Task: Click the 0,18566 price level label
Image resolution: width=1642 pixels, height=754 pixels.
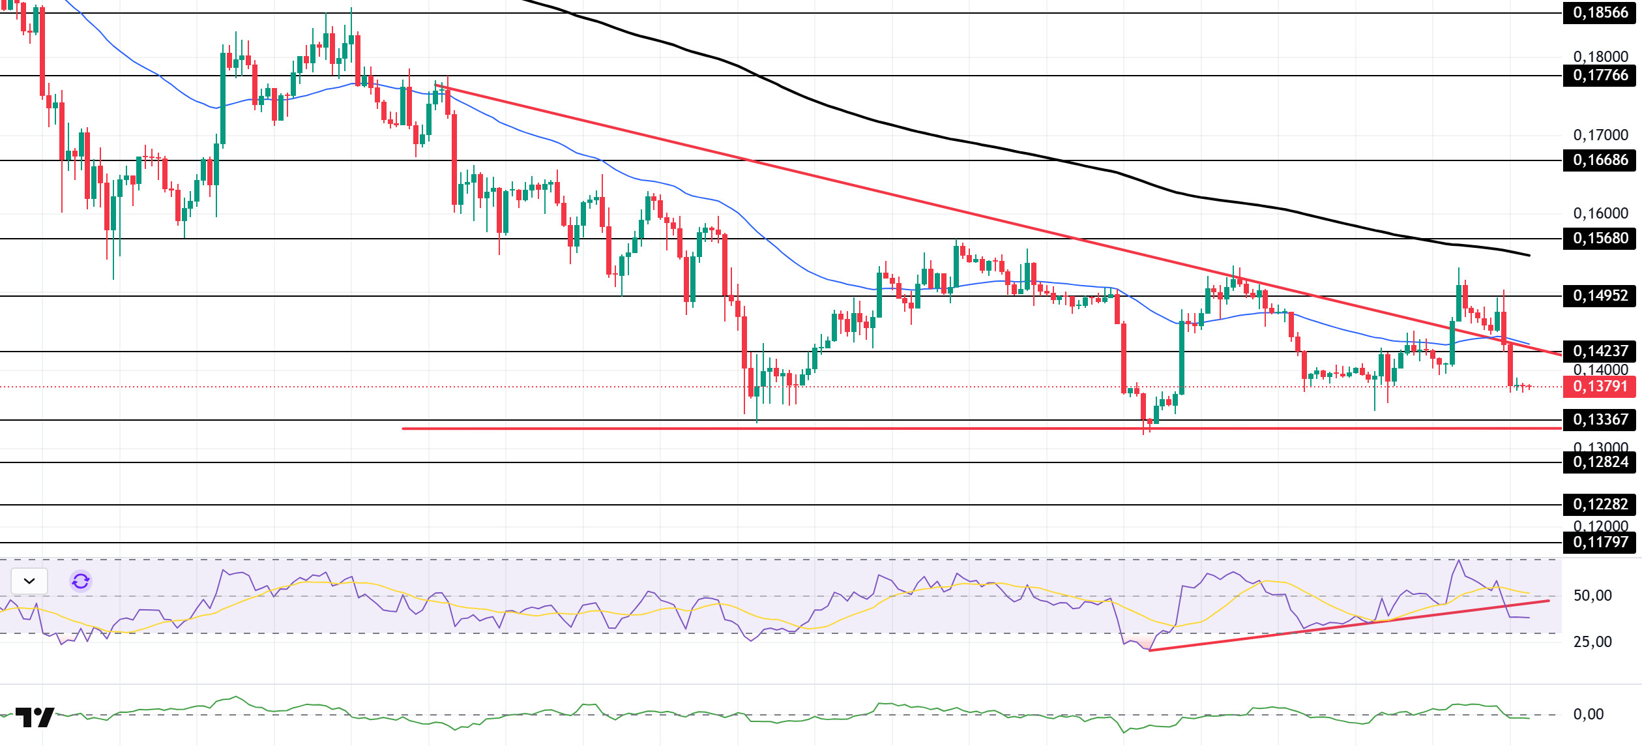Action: click(1600, 13)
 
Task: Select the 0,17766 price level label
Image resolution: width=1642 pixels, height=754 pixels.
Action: click(1600, 76)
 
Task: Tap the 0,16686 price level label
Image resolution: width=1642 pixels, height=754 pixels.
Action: click(1600, 160)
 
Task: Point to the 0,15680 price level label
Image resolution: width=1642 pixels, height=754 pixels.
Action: click(1600, 239)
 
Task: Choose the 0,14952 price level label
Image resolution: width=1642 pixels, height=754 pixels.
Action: click(1600, 296)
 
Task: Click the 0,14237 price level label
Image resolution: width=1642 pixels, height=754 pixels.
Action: click(1600, 352)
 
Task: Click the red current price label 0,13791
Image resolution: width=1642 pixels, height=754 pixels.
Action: click(1600, 387)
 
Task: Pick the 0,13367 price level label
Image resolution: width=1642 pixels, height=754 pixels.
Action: click(1600, 420)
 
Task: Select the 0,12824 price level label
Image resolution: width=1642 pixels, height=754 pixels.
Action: click(1600, 462)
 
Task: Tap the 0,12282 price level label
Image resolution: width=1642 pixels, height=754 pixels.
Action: click(1600, 505)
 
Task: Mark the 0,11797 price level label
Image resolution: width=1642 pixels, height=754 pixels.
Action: click(1600, 543)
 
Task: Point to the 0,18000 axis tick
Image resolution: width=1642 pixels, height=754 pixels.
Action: click(1600, 57)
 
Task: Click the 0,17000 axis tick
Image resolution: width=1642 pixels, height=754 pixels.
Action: click(1600, 136)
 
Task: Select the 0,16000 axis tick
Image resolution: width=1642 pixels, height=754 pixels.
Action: click(1600, 214)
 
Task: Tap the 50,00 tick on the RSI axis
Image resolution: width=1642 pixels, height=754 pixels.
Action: click(1592, 596)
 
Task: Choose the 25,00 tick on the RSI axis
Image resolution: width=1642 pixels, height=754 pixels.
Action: click(1592, 642)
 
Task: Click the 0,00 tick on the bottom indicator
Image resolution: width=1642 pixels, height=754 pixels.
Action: click(1589, 715)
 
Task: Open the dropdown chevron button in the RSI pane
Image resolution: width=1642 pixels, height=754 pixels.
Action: click(29, 581)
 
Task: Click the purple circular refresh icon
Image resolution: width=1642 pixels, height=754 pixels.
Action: click(81, 581)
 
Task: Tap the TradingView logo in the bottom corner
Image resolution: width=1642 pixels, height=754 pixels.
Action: click(35, 717)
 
